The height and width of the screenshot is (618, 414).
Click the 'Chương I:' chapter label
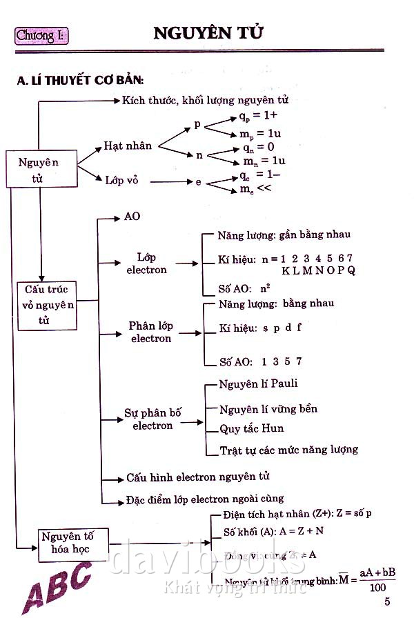point(42,34)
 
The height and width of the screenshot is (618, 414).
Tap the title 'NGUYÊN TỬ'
point(208,33)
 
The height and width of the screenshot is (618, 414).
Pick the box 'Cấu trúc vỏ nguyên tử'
point(46,305)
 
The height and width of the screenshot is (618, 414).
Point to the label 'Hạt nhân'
point(128,146)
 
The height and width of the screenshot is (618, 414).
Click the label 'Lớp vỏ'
point(121,180)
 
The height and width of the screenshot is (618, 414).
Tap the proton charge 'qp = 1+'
point(254,116)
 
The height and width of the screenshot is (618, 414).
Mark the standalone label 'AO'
point(132,217)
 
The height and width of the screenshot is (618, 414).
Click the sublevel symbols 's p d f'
point(282,328)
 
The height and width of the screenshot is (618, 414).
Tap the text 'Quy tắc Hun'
point(251,428)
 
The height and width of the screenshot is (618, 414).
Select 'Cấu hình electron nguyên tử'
point(198,477)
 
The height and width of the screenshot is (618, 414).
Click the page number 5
point(387,601)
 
